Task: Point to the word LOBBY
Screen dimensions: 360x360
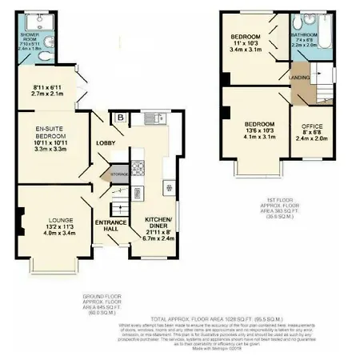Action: (x=106, y=143)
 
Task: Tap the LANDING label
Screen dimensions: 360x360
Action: (x=300, y=77)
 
